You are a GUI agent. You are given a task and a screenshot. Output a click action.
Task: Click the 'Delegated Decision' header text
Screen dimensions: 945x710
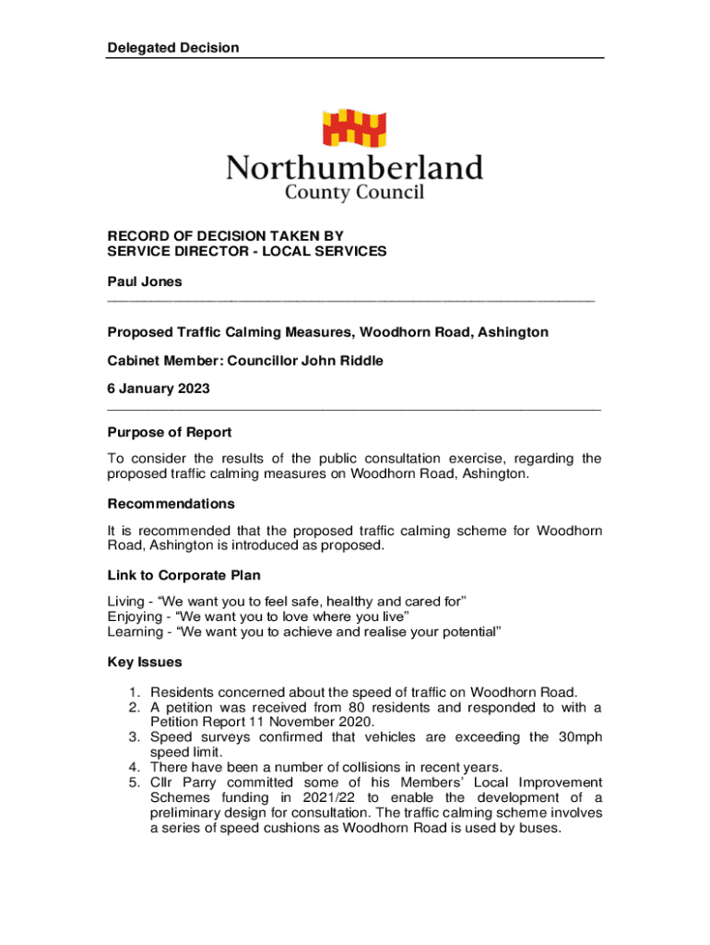tap(173, 48)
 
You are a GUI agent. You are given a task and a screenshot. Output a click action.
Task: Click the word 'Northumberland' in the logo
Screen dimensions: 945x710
tap(355, 169)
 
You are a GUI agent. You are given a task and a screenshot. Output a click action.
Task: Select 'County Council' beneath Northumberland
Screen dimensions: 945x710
tap(354, 193)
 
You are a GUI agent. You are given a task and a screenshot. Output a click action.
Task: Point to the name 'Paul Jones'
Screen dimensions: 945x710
tap(145, 281)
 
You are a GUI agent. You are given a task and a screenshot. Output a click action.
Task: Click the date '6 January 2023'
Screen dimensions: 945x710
tap(159, 389)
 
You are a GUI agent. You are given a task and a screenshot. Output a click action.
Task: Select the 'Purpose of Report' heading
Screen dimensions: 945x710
tap(170, 432)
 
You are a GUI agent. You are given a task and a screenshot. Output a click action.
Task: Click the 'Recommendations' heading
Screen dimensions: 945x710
tap(172, 504)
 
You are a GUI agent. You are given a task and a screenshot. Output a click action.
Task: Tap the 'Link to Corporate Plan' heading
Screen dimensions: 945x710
tap(183, 576)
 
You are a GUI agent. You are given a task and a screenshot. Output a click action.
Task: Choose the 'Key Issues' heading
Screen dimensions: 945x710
tap(145, 662)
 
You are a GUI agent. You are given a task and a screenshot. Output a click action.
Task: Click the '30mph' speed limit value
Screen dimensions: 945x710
tap(579, 737)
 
